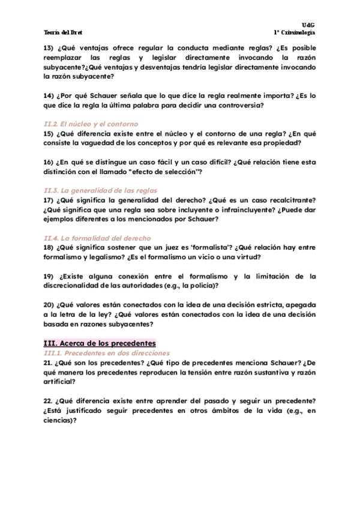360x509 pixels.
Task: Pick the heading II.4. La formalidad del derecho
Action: click(x=96, y=238)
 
